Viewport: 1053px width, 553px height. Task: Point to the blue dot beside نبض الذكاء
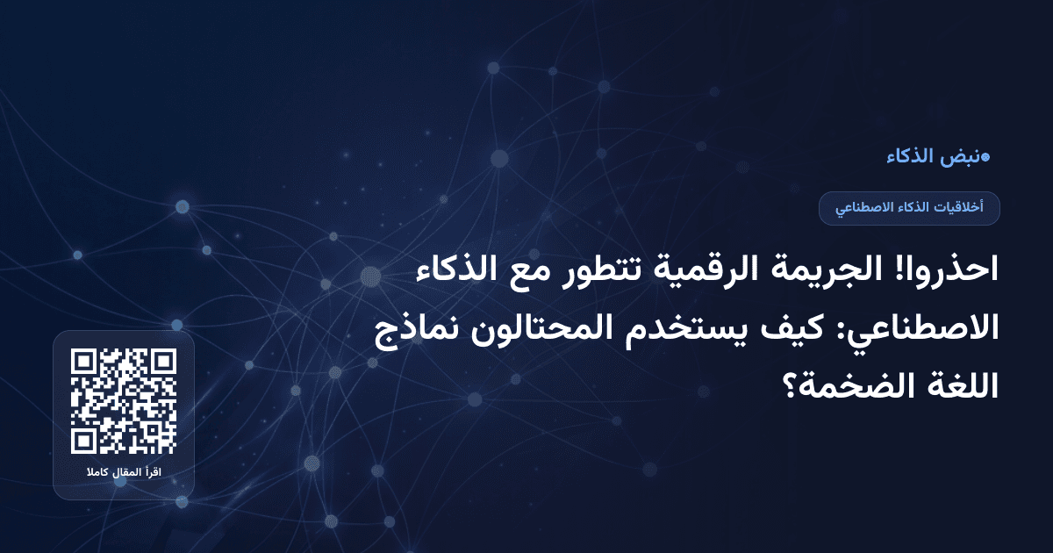tap(985, 158)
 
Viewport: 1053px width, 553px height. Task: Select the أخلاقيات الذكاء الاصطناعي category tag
tap(909, 208)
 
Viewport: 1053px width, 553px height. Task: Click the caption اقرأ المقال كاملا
tap(124, 474)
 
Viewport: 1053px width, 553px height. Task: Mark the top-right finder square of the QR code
tap(162, 363)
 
